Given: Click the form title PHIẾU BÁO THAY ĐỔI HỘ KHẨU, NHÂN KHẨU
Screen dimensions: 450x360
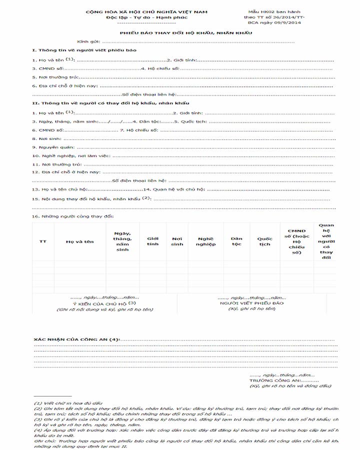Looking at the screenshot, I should click(x=185, y=32).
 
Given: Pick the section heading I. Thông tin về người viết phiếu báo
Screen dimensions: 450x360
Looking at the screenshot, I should click(x=82, y=50).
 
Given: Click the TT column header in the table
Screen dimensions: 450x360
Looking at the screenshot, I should click(x=43, y=241).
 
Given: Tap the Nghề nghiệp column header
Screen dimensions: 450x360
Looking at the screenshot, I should click(x=205, y=241).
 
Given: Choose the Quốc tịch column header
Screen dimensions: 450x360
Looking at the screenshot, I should click(x=264, y=241).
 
